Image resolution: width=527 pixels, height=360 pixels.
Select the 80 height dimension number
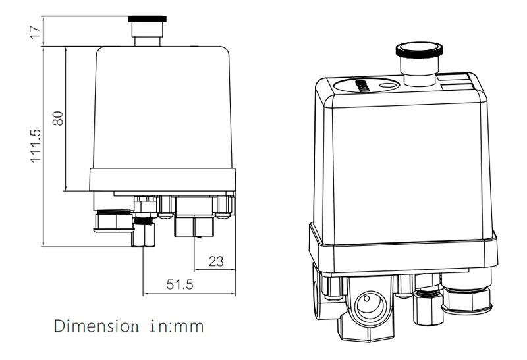coord(58,118)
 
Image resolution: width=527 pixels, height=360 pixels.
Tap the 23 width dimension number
coord(215,261)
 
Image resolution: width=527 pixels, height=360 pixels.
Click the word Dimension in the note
coord(92,325)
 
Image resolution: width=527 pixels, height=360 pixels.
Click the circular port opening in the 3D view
coord(366,305)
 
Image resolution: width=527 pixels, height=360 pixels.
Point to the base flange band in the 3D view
coord(402,250)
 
